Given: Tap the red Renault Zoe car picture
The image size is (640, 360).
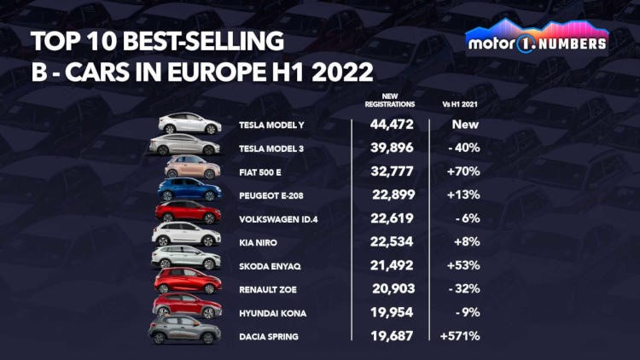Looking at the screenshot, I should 187,281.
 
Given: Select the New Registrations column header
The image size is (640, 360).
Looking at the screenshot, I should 388,101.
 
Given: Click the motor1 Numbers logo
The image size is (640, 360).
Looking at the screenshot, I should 537,38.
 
